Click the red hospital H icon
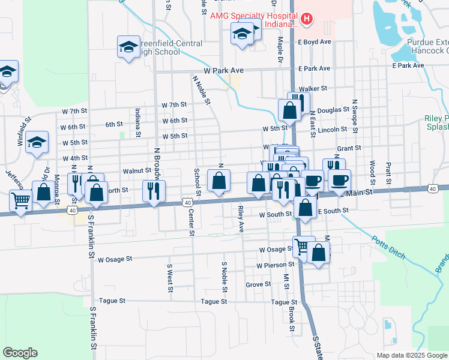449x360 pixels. [307, 19]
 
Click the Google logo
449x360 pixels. [20, 352]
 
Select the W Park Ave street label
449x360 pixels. [223, 71]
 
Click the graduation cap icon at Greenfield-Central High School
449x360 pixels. [128, 48]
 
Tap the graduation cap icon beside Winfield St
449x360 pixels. [37, 143]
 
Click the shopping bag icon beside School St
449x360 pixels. [218, 181]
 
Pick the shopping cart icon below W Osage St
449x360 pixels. [303, 246]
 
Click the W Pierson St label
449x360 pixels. [275, 265]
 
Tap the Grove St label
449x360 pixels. [258, 284]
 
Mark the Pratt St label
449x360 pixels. [389, 161]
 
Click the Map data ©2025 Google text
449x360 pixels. [411, 355]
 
